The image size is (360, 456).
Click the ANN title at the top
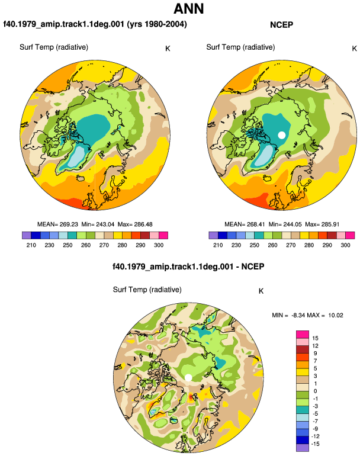click(x=188, y=8)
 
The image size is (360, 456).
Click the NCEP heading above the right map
click(x=281, y=25)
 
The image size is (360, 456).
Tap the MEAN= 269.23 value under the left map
click(x=57, y=224)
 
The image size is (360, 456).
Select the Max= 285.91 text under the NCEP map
click(x=322, y=224)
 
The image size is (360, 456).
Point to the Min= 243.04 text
click(x=98, y=224)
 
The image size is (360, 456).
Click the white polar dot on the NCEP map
click(x=281, y=135)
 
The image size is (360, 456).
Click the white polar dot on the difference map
click(x=188, y=377)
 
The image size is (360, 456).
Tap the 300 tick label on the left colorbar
click(x=159, y=245)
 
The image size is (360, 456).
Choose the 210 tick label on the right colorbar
click(x=218, y=245)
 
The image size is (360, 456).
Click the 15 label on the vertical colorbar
click(x=315, y=338)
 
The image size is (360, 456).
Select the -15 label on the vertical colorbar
click(x=315, y=444)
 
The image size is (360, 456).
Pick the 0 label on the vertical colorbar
click(x=315, y=391)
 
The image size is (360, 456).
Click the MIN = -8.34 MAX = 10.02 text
click(x=307, y=315)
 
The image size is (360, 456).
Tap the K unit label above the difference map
click(x=261, y=291)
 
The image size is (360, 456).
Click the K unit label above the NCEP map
click(x=354, y=49)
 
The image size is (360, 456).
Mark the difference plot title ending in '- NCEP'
click(x=188, y=266)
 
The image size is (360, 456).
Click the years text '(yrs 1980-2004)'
click(x=157, y=24)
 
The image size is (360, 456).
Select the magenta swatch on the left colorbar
click(x=163, y=235)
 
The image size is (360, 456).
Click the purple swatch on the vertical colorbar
click(x=303, y=448)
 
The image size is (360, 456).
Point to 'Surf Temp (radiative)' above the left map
click(x=54, y=47)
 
